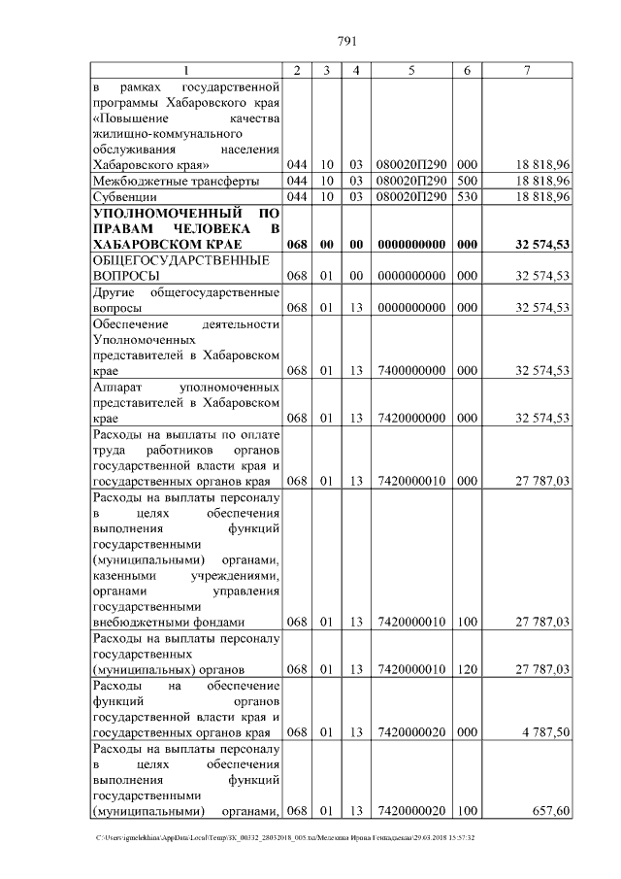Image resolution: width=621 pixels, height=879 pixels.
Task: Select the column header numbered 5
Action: coord(411,70)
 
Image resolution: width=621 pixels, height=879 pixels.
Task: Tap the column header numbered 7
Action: coord(526,70)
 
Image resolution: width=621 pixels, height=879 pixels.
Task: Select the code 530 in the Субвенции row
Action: coord(468,196)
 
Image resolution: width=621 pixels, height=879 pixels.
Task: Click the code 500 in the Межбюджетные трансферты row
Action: coord(468,181)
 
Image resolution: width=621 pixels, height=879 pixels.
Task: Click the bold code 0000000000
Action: coord(411,244)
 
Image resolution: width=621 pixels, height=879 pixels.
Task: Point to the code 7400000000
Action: coord(411,370)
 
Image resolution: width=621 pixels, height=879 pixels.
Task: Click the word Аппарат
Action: coord(118,387)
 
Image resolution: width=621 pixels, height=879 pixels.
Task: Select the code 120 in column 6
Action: coord(468,669)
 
